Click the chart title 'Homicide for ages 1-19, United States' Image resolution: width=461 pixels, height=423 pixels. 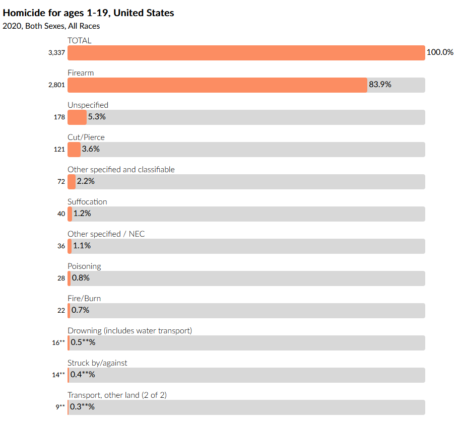tap(89, 13)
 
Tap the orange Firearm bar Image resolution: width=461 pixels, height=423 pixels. tap(217, 85)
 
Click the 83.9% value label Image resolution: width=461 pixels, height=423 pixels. tap(380, 85)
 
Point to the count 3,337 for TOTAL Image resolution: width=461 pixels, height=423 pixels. tap(56, 53)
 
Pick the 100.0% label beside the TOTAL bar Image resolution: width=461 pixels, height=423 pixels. tap(440, 52)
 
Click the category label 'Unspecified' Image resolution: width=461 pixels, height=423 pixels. tap(88, 105)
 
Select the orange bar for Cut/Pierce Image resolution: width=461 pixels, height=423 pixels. tap(74, 150)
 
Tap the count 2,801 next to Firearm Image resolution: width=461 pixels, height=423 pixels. tap(56, 85)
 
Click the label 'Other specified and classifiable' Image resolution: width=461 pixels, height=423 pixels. tap(121, 169)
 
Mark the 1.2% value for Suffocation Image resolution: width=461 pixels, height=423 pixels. tap(82, 214)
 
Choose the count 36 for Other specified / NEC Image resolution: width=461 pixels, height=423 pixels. tap(61, 246)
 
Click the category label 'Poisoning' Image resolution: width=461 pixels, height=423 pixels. tap(84, 266)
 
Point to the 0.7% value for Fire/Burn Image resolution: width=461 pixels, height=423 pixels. tap(80, 310)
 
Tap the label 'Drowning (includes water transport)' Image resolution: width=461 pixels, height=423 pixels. tap(129, 330)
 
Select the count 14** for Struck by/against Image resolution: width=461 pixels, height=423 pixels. tap(58, 375)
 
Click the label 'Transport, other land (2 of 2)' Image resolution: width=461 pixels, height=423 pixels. tap(117, 395)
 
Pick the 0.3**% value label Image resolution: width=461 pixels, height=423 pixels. tap(82, 407)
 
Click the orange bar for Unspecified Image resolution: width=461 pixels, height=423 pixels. tap(77, 117)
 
